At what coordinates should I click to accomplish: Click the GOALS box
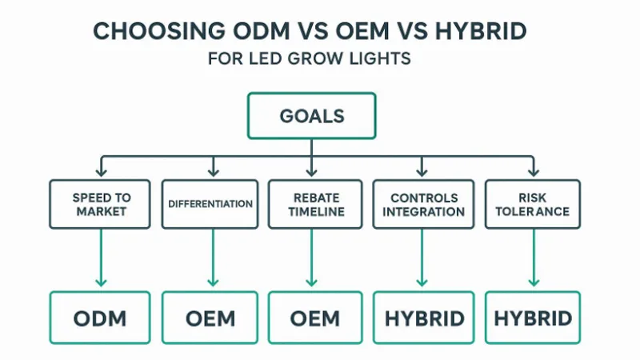[312, 117]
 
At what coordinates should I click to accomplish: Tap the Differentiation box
[210, 204]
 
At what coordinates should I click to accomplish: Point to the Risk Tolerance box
[532, 204]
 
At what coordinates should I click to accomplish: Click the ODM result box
[100, 318]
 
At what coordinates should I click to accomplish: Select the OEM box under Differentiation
[210, 318]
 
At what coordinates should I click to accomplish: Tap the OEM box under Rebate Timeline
[315, 318]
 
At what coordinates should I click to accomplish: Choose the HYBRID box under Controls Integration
[424, 318]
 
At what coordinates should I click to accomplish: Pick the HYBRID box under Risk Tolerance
[533, 318]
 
